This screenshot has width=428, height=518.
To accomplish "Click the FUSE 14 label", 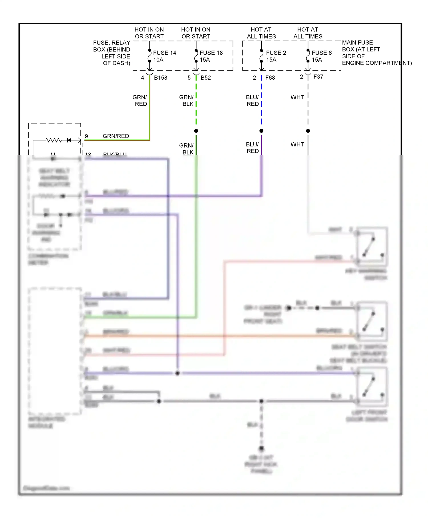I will point(164,53).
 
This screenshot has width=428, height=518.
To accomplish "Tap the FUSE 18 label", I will point(211,53).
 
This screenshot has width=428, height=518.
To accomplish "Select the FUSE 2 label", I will point(276,53).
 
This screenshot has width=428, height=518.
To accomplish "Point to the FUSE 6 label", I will point(322,53).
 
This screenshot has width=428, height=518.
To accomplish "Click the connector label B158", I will point(161,78).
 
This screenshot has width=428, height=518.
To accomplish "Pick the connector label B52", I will point(206,78).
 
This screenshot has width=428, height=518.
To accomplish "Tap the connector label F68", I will point(270,78).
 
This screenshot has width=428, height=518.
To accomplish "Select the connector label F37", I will point(318,77).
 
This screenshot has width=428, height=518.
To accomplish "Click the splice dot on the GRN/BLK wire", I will point(196,131).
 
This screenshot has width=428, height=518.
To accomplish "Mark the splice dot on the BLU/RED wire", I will point(261,131).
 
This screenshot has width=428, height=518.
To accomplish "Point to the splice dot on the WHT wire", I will point(308,131).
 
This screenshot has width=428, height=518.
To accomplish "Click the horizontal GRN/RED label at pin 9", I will point(116,136).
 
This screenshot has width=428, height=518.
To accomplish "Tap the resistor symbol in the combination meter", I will point(54,140).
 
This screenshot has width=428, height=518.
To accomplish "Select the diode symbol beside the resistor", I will point(69,140).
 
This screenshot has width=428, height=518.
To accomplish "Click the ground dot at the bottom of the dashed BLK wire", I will point(261,448).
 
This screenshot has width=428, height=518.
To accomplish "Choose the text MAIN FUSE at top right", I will point(357,43).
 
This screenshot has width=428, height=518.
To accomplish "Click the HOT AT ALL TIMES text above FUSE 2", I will point(261,33).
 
